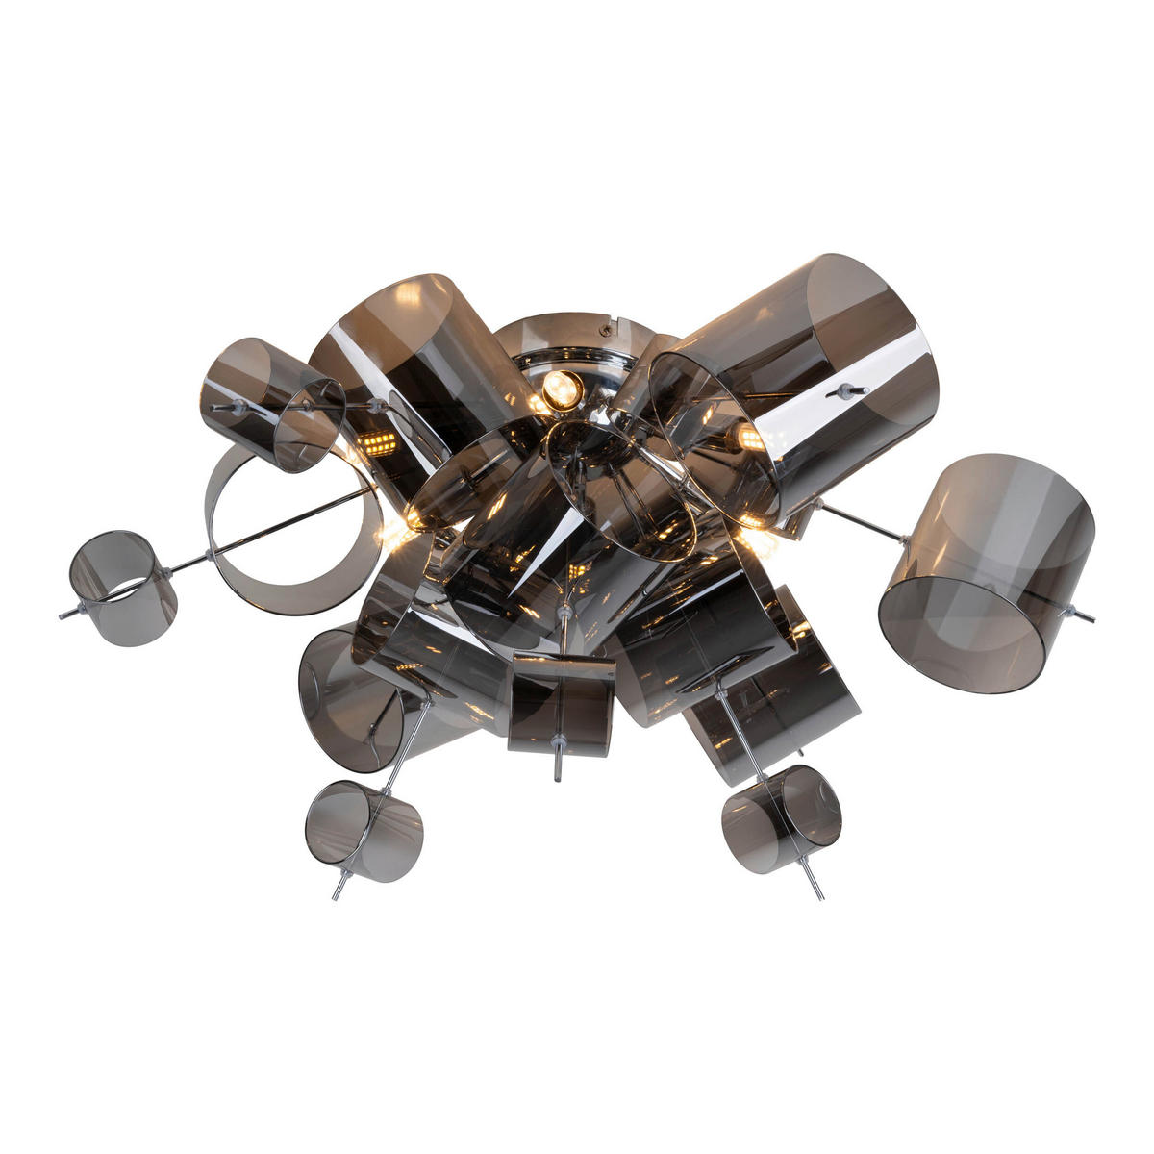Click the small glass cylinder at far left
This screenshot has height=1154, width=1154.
(122, 588)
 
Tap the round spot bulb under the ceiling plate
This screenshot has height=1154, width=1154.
(562, 389)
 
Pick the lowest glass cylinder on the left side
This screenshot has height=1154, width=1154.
(364, 830)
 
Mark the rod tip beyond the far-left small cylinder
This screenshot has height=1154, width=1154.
(64, 613)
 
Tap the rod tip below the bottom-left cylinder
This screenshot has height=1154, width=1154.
(337, 894)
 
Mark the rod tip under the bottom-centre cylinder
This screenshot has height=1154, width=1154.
(558, 775)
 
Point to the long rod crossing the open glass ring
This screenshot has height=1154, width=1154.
(288, 527)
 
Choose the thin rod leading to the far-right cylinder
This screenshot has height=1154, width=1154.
(861, 520)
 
